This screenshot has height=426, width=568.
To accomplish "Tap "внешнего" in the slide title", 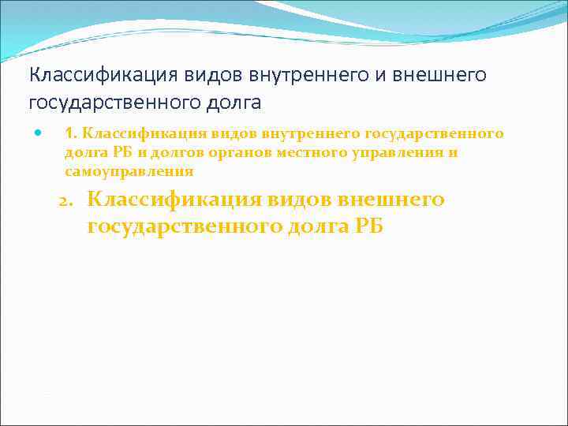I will click(439, 75).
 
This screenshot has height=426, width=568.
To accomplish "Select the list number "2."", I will click(70, 200).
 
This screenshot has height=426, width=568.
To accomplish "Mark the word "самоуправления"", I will click(129, 170).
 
